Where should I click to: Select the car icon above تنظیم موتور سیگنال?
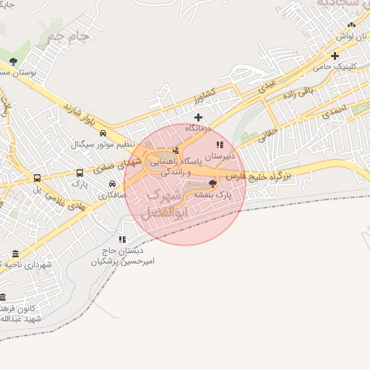click(103, 134)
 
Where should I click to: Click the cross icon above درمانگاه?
click(198, 116)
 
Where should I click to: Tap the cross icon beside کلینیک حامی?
click(335, 56)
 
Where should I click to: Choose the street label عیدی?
click(266, 86)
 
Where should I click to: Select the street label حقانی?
click(267, 133)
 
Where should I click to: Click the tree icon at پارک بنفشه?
click(212, 184)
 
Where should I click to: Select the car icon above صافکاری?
click(112, 184)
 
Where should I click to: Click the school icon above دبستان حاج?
click(122, 239)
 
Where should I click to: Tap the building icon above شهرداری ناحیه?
click(16, 254)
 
